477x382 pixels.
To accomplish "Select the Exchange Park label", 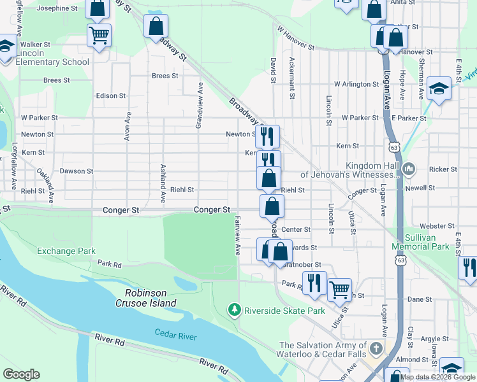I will [66, 251].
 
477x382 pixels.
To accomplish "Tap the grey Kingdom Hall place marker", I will [408, 169].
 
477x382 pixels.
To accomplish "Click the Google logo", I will [21, 374].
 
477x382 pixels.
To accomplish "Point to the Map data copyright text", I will [437, 377].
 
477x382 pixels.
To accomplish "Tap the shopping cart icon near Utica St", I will [340, 290].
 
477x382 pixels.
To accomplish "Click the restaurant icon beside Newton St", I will [267, 136].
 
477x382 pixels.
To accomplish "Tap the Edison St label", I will [111, 95].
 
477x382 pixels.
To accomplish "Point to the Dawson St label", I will [77, 171].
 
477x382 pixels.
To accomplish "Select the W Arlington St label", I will [356, 84].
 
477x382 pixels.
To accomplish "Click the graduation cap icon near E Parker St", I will [439, 88].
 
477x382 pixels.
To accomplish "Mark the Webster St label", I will [423, 226].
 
